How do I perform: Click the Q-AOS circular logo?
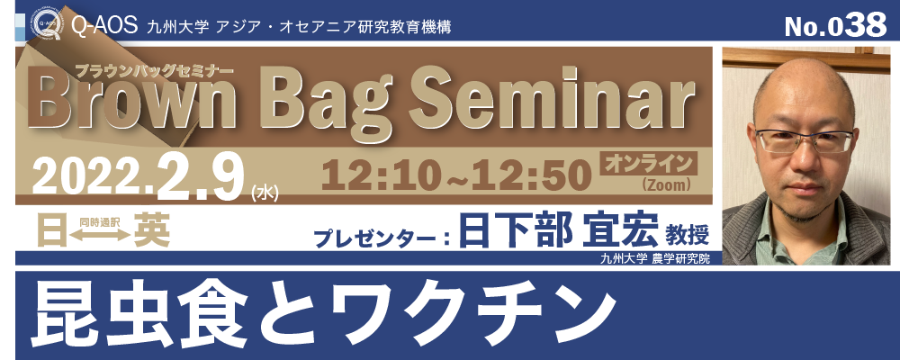click(47, 26)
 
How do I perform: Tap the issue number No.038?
click(835, 24)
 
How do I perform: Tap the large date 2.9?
click(196, 174)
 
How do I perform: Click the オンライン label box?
click(648, 164)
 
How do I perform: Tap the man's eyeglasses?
click(804, 140)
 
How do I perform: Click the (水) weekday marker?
click(265, 194)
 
